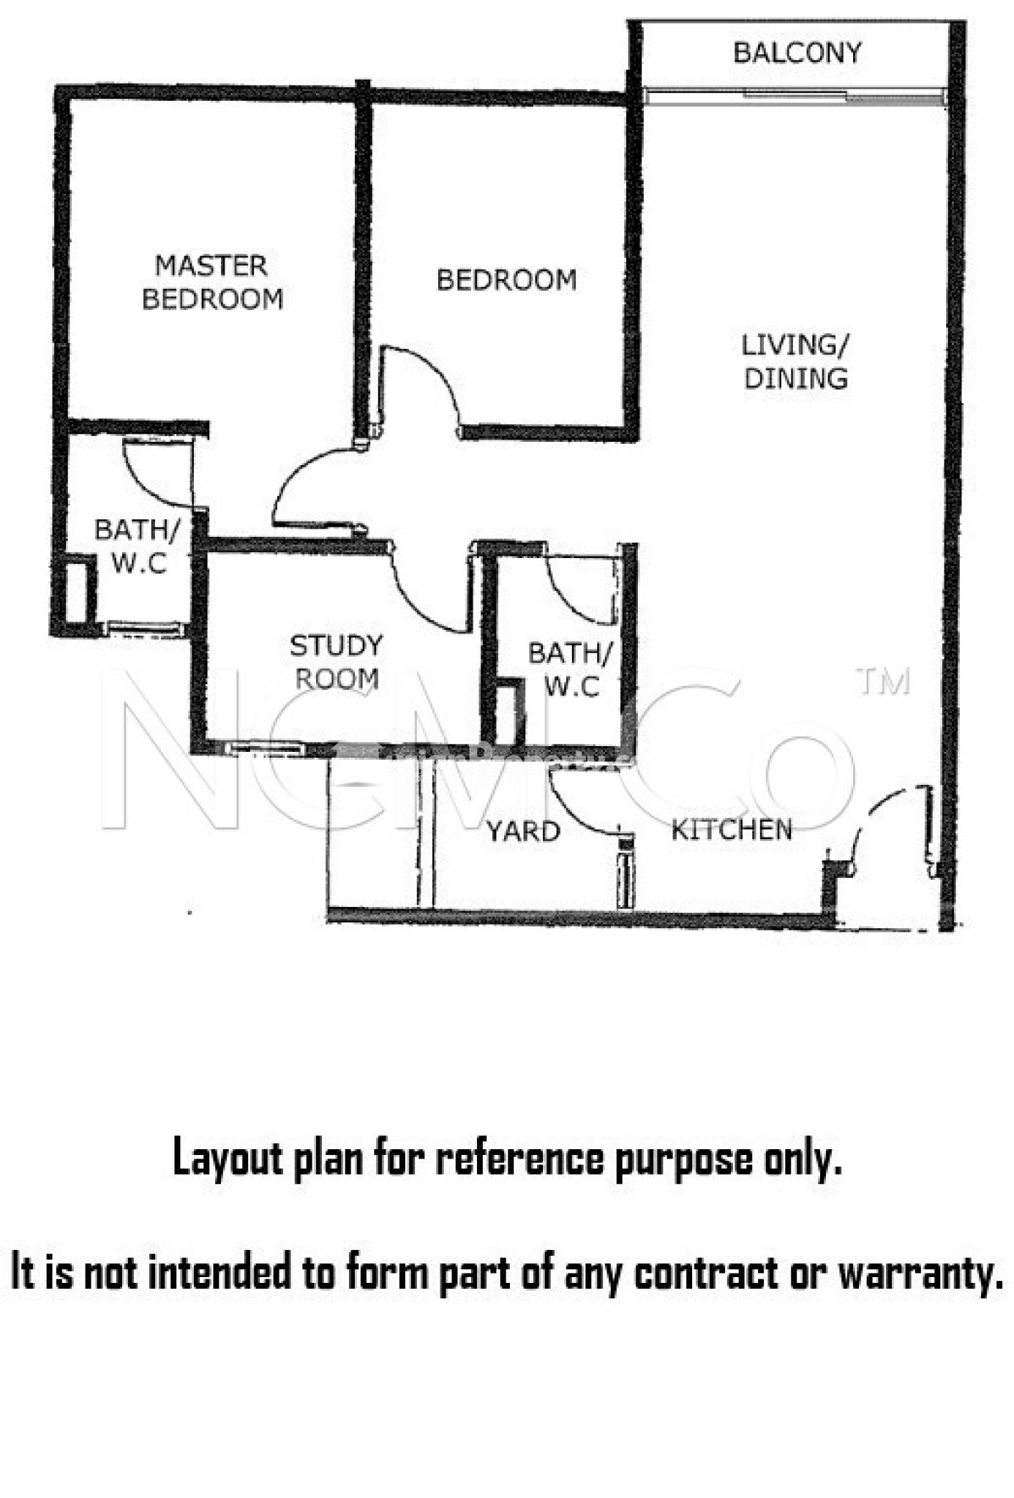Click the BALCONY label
(797, 53)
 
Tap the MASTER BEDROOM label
(212, 282)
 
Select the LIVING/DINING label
(795, 361)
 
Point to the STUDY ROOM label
(337, 662)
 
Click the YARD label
(523, 832)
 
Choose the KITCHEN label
(732, 829)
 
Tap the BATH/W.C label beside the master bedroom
(138, 546)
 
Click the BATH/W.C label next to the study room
(570, 669)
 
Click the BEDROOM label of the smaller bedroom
(506, 280)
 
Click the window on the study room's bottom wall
(265, 748)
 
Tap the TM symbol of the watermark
(883, 682)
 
